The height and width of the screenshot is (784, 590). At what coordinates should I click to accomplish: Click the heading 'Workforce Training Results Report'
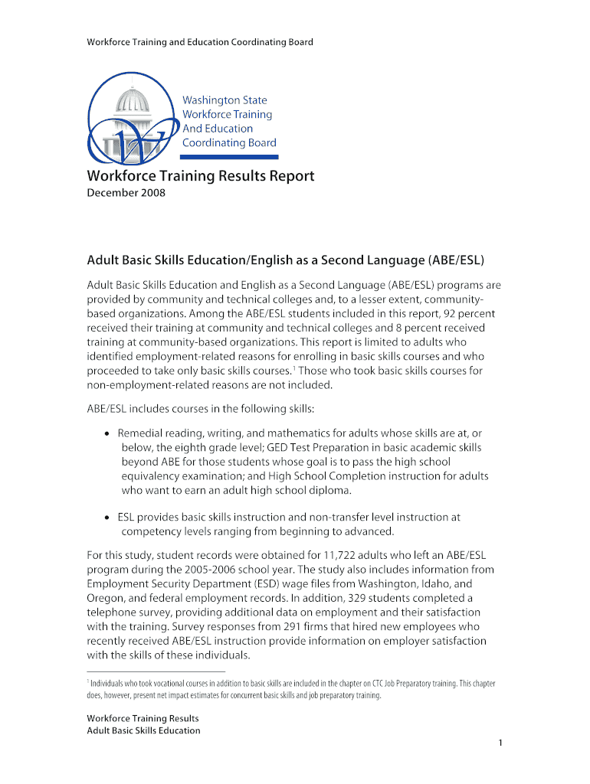click(200, 176)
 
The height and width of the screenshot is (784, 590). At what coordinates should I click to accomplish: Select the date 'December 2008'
click(126, 193)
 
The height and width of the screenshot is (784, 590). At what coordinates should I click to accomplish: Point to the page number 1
click(500, 743)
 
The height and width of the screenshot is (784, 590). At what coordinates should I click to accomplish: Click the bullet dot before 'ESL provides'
click(108, 518)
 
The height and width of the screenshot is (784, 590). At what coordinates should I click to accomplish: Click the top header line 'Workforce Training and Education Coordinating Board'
click(199, 42)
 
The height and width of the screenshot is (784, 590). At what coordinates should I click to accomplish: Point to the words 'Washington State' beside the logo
click(225, 100)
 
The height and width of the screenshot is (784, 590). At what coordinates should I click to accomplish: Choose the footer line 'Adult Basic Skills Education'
click(143, 730)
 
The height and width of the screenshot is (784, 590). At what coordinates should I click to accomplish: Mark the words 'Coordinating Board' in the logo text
click(229, 143)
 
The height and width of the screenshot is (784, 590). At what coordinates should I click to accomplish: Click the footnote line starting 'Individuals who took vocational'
click(290, 683)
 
